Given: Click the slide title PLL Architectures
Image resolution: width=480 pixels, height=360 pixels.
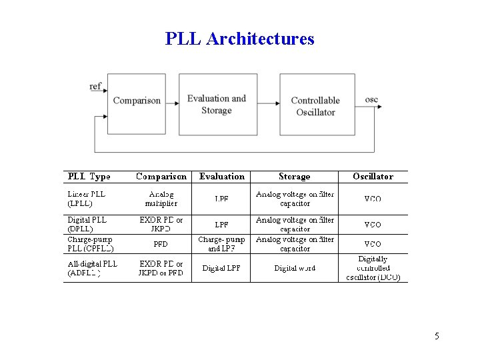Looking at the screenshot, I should [x=239, y=39].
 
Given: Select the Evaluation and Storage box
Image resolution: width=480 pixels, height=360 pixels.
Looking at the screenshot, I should [x=217, y=104].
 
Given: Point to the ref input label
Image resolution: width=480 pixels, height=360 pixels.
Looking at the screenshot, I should [x=95, y=86].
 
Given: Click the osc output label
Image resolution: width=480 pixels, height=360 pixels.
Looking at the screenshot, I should [x=371, y=99].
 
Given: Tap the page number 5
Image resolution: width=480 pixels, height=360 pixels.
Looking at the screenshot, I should [x=437, y=336].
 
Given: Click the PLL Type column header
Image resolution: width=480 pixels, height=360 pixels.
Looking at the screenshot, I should [x=89, y=177].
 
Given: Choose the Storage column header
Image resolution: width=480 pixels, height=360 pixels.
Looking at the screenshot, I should [x=294, y=177].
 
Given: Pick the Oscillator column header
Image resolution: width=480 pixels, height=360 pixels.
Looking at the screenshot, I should [x=373, y=177].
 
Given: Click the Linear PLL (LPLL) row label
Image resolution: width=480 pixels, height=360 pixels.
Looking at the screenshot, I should [x=86, y=199].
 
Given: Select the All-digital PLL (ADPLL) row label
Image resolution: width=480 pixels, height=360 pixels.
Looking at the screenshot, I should [x=92, y=268].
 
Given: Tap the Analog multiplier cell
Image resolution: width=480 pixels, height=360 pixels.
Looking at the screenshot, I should [x=161, y=199].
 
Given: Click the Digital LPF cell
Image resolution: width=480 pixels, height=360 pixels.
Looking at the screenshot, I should [x=221, y=269].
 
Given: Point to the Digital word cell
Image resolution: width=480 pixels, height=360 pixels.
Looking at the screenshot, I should [x=295, y=269].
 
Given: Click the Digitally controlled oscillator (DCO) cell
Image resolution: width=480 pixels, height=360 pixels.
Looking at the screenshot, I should [x=373, y=268].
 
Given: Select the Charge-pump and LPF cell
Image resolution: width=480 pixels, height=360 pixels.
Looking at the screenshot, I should [x=221, y=243].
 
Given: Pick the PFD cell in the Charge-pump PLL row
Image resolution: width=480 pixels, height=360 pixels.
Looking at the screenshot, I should [x=161, y=244].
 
